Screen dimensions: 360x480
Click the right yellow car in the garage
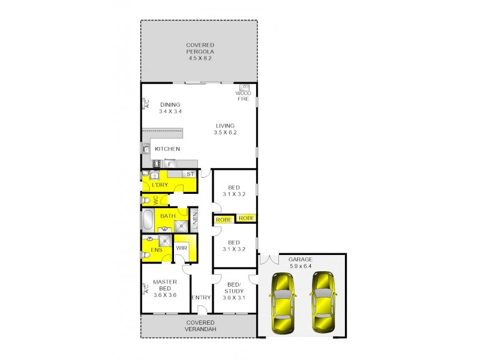(x=322, y=304)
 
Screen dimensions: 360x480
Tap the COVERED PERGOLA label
(x=200, y=52)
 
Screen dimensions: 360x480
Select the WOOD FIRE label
(x=242, y=96)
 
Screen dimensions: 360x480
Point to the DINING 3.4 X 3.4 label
(x=170, y=108)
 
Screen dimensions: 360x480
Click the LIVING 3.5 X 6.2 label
(x=225, y=129)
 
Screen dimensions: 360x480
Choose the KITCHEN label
(x=167, y=149)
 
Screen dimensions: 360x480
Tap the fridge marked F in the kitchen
(x=170, y=163)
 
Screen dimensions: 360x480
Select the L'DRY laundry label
(x=160, y=185)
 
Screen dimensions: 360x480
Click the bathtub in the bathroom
(x=148, y=220)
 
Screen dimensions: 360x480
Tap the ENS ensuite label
(x=156, y=250)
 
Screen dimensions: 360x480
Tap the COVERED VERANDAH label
(x=200, y=326)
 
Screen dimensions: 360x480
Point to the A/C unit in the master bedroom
(x=145, y=290)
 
